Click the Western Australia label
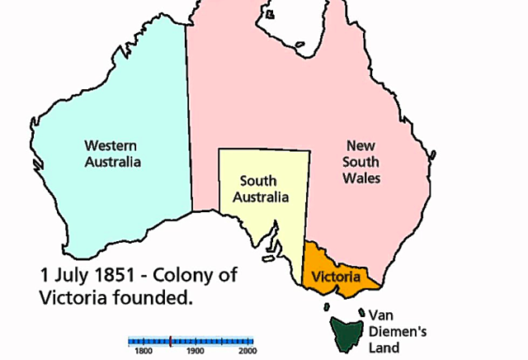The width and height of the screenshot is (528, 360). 113,153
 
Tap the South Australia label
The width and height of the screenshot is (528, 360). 261,188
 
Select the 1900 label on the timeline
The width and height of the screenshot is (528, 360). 195,350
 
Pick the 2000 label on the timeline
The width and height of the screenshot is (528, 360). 247,350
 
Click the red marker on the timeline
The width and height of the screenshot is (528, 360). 170,339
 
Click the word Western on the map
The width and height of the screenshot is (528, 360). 113,145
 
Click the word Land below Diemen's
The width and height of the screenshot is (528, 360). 384,348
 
